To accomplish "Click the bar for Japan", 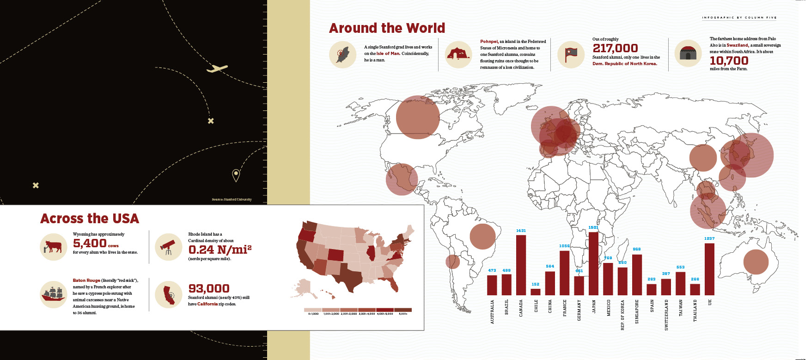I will click(593, 263).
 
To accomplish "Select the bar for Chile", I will click(536, 292).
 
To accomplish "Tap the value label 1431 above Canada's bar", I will click(521, 231).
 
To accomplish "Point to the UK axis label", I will click(710, 302).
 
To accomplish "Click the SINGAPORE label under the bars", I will click(637, 311).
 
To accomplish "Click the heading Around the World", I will click(387, 28).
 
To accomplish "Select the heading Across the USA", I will click(90, 218).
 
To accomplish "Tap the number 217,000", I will click(615, 48).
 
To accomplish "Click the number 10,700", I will click(729, 61).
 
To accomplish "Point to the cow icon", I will click(54, 247).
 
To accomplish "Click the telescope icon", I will click(168, 247).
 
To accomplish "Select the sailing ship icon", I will click(54, 294).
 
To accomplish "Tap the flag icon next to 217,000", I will click(571, 55).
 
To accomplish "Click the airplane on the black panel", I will click(217, 69).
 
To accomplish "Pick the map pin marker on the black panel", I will click(236, 175).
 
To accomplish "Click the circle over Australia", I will click(756, 262).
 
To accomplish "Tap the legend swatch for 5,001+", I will click(402, 310).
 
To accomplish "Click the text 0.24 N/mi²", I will click(220, 250).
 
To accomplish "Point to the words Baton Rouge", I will click(86, 281).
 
